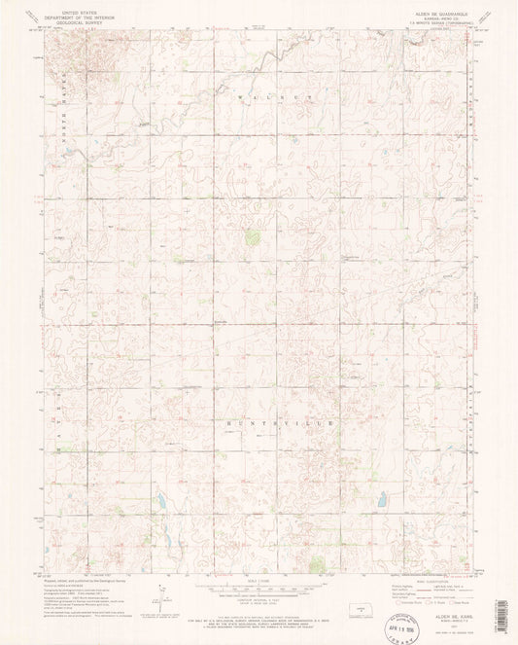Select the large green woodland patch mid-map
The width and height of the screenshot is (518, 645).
252,236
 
